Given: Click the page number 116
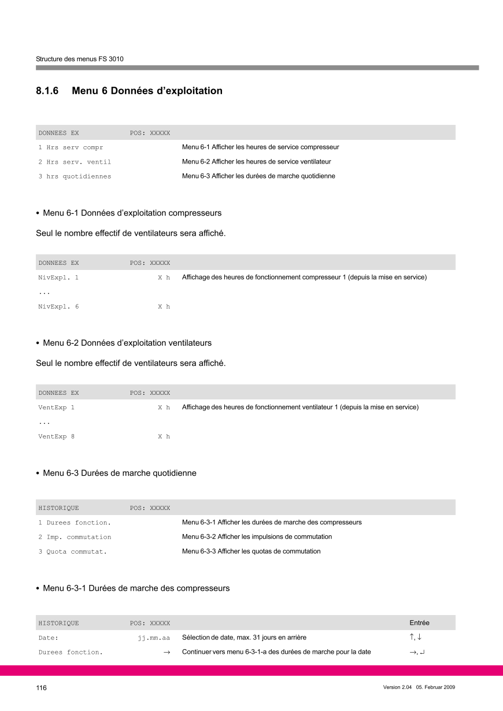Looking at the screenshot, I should (x=41, y=687).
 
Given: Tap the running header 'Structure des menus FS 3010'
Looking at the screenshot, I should (x=80, y=59).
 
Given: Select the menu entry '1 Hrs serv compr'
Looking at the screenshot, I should (x=71, y=147).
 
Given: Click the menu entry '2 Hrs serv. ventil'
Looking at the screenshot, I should (x=75, y=162).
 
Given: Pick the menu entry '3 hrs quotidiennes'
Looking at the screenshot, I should (x=75, y=176).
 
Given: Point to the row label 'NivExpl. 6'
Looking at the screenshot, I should (x=58, y=306).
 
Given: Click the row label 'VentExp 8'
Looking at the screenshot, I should (x=56, y=436).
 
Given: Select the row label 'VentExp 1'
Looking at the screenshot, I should (x=56, y=408).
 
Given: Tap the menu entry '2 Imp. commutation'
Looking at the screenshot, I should (x=75, y=537).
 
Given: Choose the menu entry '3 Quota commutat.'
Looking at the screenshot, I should (x=72, y=551).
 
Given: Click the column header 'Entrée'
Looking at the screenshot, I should (x=419, y=623).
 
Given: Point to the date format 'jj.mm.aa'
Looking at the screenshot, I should (x=154, y=638).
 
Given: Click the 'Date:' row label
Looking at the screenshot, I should (x=49, y=638).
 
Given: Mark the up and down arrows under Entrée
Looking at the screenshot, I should (x=415, y=638).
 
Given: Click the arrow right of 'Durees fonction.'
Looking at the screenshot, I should (x=166, y=653).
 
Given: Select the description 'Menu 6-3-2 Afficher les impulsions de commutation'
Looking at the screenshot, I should (x=257, y=537).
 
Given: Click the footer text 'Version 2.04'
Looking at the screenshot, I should (x=397, y=687).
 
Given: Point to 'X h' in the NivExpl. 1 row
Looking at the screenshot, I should (x=164, y=277).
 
